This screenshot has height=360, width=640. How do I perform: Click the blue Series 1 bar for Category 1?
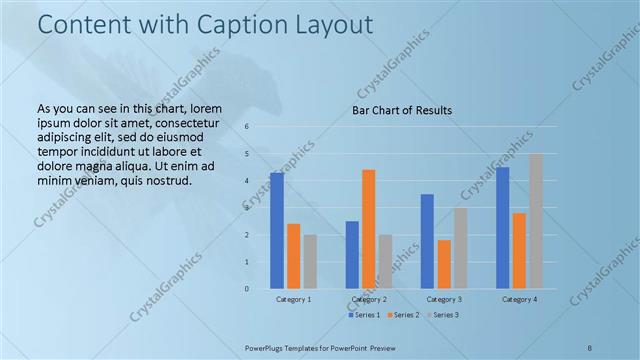pos(276,231)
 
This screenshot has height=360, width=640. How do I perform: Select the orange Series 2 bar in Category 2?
pos(368,229)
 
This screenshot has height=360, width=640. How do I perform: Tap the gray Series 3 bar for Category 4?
pos(536,221)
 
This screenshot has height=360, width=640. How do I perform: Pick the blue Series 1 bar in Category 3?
pos(427,241)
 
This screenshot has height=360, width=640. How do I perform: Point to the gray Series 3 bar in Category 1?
pos(310,261)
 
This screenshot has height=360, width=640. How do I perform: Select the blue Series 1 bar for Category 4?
pos(502,228)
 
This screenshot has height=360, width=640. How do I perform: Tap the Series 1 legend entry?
pos(364,316)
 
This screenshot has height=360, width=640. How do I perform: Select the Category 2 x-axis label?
pos(368,300)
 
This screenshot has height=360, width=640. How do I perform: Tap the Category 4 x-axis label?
pos(519,300)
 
